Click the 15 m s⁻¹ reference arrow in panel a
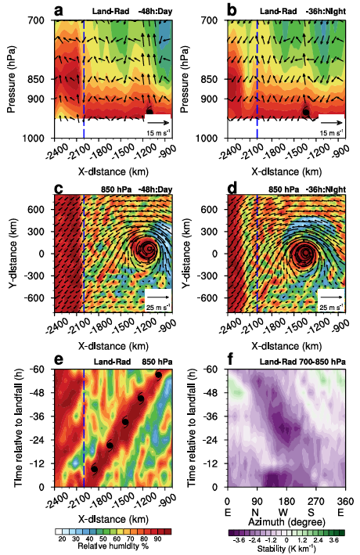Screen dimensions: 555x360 (157, 123)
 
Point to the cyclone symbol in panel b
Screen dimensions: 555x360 (307, 112)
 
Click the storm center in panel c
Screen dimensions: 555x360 (147, 252)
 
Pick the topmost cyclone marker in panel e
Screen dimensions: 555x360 (159, 375)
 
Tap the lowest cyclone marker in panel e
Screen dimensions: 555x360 (95, 469)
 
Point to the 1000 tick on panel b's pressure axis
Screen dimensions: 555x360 (207, 138)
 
